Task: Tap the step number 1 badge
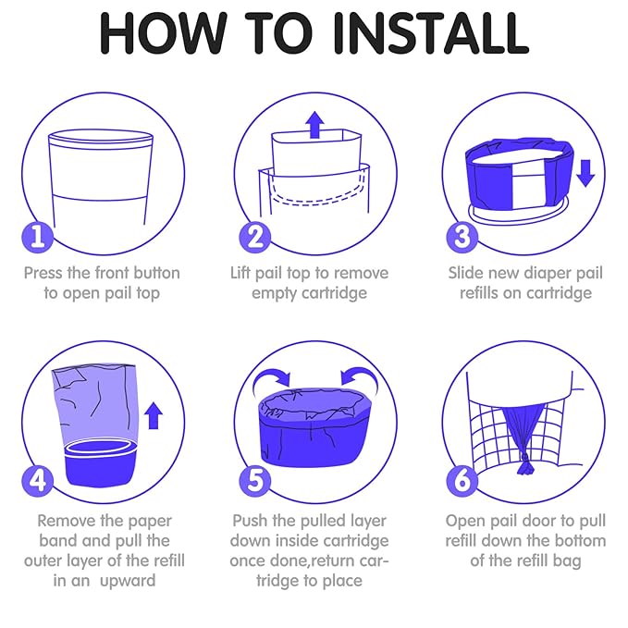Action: tap(37, 237)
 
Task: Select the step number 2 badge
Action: tap(254, 237)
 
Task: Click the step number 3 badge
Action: tap(462, 237)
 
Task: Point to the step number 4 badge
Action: tap(37, 481)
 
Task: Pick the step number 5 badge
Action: tap(254, 481)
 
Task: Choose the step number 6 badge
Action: tap(462, 481)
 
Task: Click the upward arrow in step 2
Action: tap(314, 125)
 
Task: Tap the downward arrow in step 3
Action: tap(585, 173)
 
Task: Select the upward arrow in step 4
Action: tap(153, 416)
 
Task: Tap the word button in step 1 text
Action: tap(156, 273)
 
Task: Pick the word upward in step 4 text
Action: tap(128, 581)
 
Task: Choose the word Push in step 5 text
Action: tap(250, 521)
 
